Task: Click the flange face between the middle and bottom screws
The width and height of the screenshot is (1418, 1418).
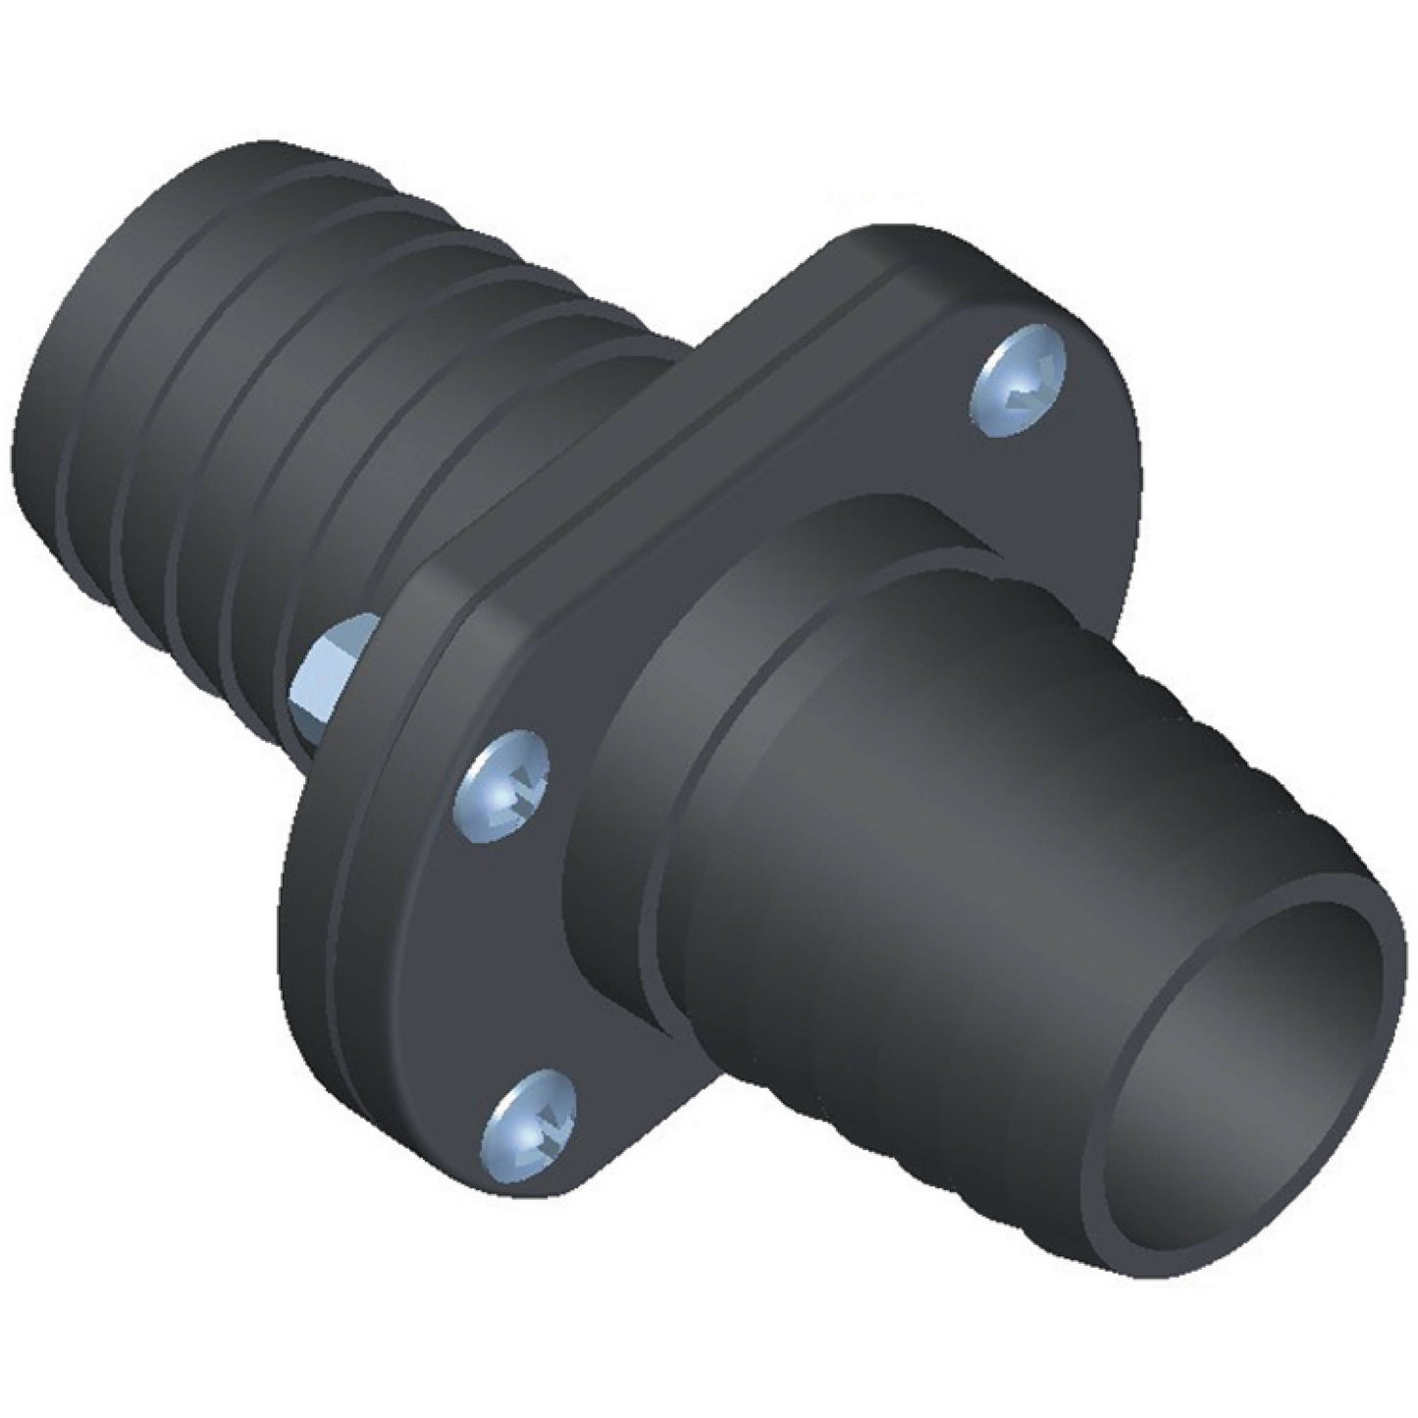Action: coord(530,952)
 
